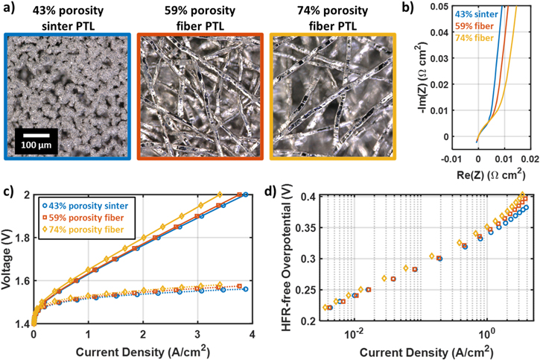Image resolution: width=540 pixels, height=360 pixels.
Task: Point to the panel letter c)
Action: [10, 190]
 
